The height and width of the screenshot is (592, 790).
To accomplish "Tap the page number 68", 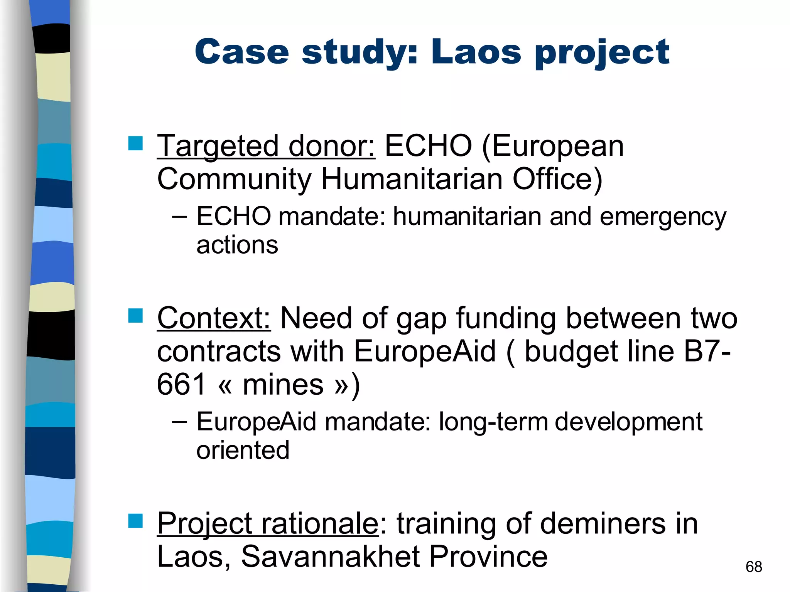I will tap(754, 567).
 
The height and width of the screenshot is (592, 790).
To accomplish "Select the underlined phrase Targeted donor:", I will tap(266, 146).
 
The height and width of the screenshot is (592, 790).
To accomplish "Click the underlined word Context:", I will tap(214, 318).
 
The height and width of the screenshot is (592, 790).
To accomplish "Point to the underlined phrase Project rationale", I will tap(268, 524).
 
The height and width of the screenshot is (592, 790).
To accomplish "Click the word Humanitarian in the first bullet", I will tap(412, 179).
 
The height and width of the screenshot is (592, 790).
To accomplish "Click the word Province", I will tap(488, 557).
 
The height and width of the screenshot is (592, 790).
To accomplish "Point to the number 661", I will tap(181, 385).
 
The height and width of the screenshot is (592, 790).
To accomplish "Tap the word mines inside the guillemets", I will tap(283, 385).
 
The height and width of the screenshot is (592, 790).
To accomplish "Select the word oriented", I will tap(243, 450).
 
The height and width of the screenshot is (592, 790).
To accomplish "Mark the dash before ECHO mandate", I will tap(179, 217).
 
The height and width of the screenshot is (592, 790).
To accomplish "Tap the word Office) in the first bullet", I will tap(557, 180).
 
